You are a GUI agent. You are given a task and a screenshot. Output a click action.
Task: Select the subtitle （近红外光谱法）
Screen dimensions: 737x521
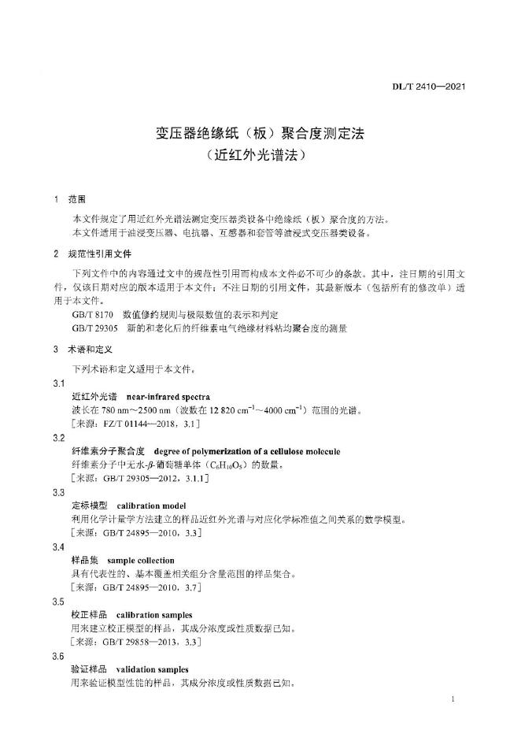tap(260, 155)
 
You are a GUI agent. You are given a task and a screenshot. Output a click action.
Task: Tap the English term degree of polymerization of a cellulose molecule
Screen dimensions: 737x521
tap(247, 451)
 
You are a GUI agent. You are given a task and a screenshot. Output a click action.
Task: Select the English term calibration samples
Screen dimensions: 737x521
tap(154, 614)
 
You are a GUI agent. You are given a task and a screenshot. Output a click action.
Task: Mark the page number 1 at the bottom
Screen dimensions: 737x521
tap(456, 699)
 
